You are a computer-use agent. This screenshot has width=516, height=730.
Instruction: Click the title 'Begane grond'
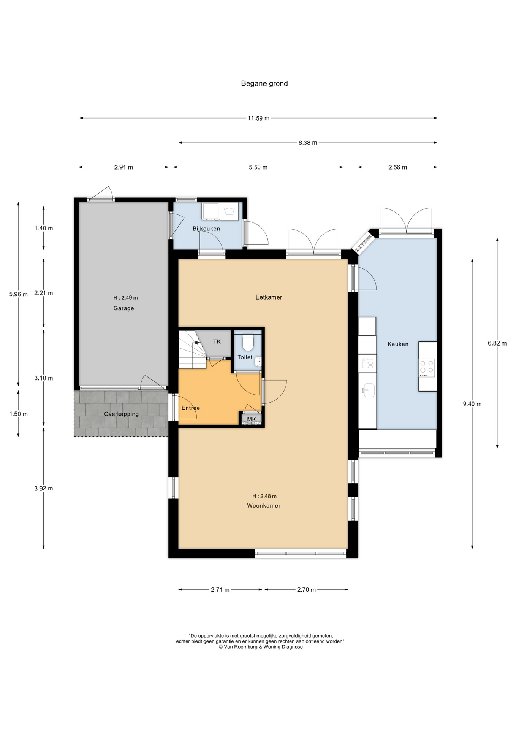pos(264,83)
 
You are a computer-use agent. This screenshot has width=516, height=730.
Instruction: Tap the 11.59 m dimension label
pos(258,118)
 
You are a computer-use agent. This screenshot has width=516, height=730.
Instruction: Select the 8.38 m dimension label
pos(308,143)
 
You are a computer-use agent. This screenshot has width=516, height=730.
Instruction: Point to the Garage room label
pos(123,308)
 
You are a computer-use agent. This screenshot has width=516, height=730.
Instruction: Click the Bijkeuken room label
pos(206,229)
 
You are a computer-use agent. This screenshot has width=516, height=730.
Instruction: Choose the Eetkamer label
pos(269,297)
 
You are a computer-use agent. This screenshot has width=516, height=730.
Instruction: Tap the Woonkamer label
pos(264,506)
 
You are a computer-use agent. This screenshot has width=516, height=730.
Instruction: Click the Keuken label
pos(398,344)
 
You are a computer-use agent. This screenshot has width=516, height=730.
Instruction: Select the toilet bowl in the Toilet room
pos(248,342)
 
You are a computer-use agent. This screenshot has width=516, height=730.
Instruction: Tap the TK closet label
pos(217,341)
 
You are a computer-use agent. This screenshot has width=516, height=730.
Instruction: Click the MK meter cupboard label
pos(252,419)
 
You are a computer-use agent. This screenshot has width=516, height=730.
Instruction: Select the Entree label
pos(191,408)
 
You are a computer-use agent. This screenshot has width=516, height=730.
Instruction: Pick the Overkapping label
pos(121,414)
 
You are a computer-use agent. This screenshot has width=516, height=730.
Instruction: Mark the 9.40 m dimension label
pos(472,404)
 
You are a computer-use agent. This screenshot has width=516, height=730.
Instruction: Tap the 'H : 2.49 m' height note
pos(125,298)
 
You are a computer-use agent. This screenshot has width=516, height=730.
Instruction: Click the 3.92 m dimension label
pos(44,489)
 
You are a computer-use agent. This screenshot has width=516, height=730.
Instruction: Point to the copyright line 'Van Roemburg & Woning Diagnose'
pos(261,647)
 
